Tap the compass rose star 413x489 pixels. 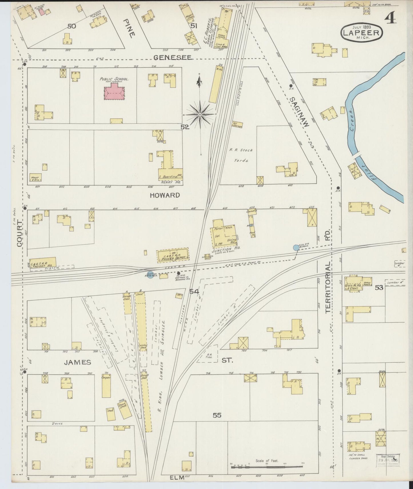click(x=200, y=114)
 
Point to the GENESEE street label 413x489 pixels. click(x=172, y=57)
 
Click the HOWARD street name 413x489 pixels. click(x=165, y=195)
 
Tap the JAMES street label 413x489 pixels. click(x=77, y=362)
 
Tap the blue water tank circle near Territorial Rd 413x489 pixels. click(x=296, y=248)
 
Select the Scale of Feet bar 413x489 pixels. click(x=267, y=467)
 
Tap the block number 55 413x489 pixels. click(x=217, y=415)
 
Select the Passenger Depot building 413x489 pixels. click(x=173, y=255)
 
